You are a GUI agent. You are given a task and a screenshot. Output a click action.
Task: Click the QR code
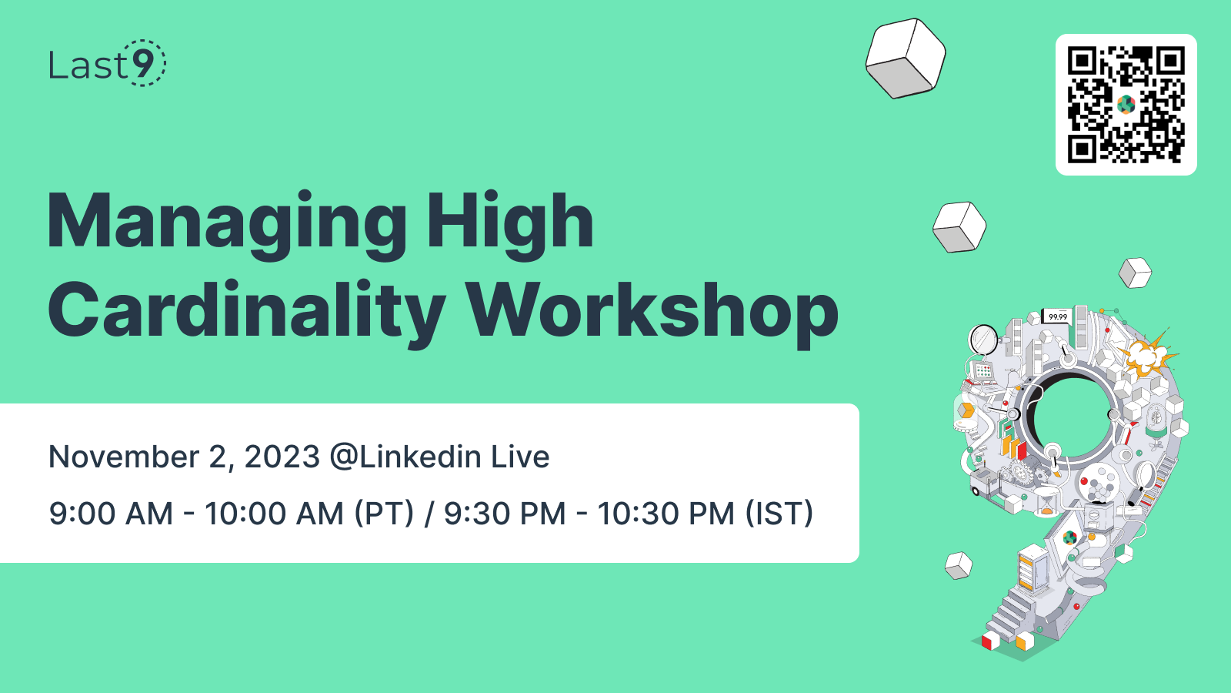[x=1126, y=105]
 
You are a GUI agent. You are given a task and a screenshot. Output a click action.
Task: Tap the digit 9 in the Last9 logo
[x=142, y=63]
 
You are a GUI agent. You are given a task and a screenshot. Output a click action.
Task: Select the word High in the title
[x=509, y=223]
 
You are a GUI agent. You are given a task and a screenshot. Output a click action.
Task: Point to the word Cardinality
[x=246, y=311]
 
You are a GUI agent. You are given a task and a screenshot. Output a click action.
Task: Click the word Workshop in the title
[x=652, y=311]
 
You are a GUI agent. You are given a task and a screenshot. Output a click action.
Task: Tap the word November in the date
[x=123, y=457]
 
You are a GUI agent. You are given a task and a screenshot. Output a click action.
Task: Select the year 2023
[x=282, y=457]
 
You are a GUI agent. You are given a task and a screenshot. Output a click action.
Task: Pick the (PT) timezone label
[x=384, y=514]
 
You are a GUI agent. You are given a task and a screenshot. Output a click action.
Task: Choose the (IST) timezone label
[x=779, y=514]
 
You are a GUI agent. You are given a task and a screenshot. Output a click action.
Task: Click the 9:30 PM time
[x=505, y=514]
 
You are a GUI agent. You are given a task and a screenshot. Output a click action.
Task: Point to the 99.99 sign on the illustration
[x=1058, y=316]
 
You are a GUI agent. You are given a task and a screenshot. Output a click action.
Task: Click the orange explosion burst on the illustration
[x=1147, y=355]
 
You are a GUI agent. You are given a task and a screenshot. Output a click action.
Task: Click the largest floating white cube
[x=906, y=58]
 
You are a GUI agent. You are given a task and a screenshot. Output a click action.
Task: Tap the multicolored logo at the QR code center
[x=1126, y=104]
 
